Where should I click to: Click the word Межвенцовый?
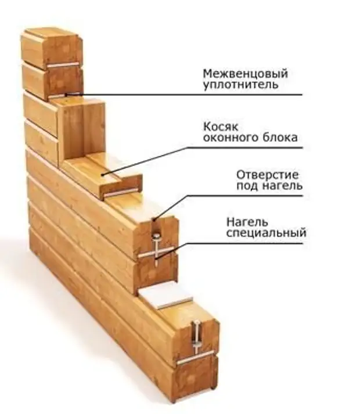[x=245, y=74]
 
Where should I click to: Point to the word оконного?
[x=228, y=138]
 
